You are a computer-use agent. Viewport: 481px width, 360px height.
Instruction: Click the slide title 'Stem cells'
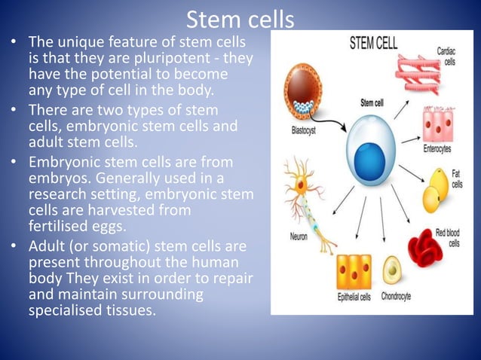240,18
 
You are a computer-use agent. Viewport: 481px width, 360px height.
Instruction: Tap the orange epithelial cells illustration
353,270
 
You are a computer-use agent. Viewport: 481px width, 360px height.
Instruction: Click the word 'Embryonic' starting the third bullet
60,162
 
